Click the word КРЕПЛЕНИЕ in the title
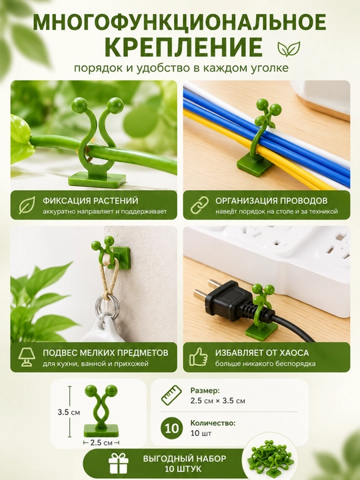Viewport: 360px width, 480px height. pos(183,47)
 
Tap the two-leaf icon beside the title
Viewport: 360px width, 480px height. pos(289,49)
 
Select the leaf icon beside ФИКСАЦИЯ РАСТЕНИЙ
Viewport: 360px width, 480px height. pos(27,205)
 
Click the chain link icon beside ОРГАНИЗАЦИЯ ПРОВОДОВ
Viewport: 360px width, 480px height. pos(199,205)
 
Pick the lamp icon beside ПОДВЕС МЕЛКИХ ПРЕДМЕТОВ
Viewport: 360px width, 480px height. pos(26,357)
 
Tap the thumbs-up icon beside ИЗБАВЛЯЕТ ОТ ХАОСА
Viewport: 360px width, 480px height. pos(199,357)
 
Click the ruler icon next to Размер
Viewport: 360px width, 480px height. pos(171,395)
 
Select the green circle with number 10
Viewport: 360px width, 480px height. pos(172,428)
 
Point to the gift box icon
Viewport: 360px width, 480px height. pos(119,463)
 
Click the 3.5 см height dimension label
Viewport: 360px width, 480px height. pos(69,413)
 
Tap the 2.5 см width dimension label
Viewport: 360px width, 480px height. pos(101,443)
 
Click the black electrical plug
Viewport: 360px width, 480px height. pos(233,303)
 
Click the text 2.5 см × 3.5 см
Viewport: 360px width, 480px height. pos(217,401)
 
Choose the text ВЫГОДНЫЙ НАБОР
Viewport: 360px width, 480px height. pos(185,459)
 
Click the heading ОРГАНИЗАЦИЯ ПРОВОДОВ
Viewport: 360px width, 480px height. pos(271,201)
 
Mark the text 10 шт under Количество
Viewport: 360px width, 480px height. pos(201,433)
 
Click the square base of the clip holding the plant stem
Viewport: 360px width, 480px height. pos(97,180)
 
